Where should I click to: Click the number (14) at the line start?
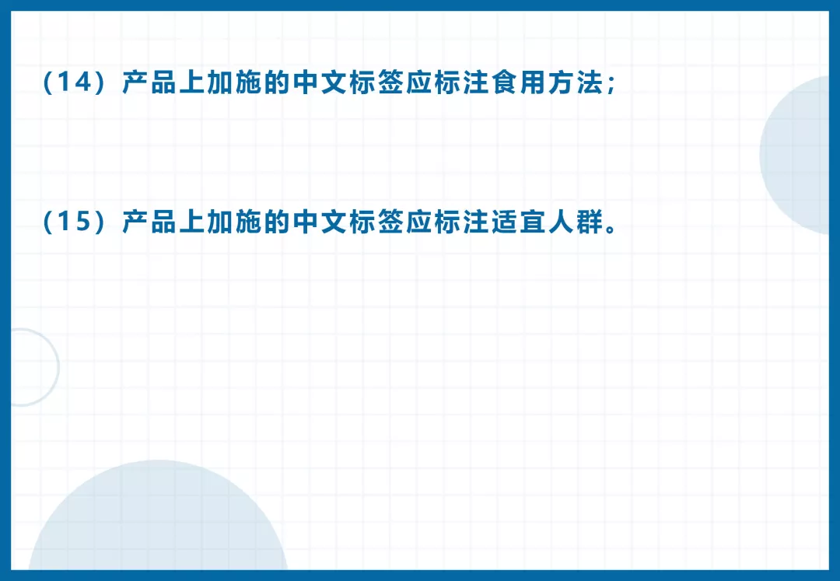pyautogui.click(x=75, y=82)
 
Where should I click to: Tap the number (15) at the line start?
pyautogui.click(x=75, y=222)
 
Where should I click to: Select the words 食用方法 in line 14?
pyautogui.click(x=547, y=82)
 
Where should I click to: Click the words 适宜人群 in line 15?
pyautogui.click(x=547, y=222)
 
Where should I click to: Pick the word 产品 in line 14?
pyautogui.click(x=149, y=82)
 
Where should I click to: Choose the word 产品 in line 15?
pyautogui.click(x=149, y=222)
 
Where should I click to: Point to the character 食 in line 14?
pyautogui.click(x=505, y=82)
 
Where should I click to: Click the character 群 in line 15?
pyautogui.click(x=590, y=222)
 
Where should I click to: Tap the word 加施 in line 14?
pyautogui.click(x=234, y=82)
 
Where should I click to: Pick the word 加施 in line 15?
pyautogui.click(x=234, y=222)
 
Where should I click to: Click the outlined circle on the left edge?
pyautogui.click(x=58, y=367)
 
